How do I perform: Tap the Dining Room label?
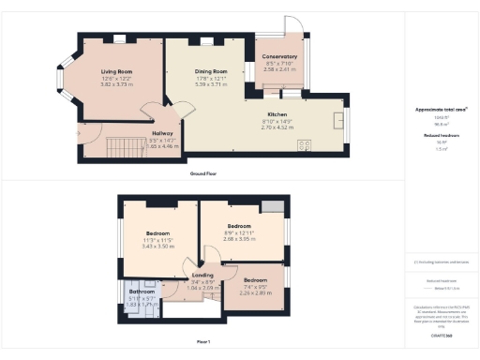coord(211,72)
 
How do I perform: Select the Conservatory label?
coord(279,57)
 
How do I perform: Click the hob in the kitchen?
coord(305,144)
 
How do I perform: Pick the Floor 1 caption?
coord(203,341)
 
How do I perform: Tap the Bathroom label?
coord(142,292)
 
